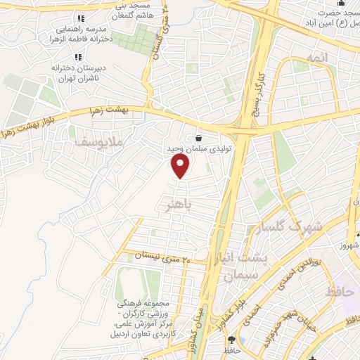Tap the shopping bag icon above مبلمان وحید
pyautogui.click(x=199, y=138)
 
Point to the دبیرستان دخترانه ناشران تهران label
pyautogui.click(x=77, y=72)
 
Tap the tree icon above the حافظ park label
pyautogui.click(x=230, y=339)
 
